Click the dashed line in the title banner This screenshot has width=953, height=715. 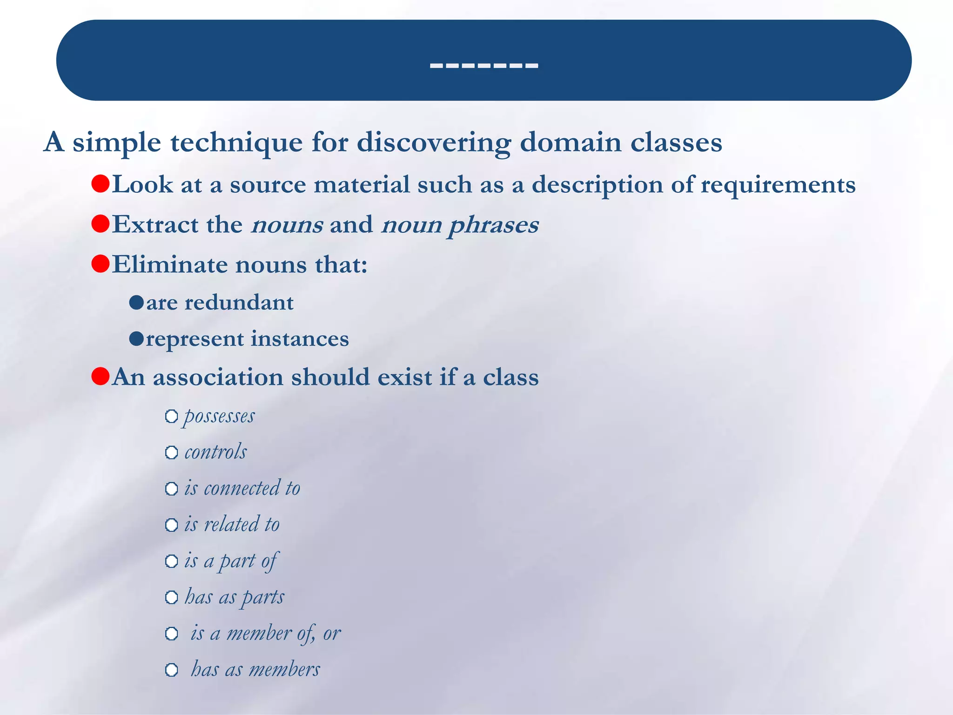[x=483, y=66]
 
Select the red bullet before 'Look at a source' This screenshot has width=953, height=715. [x=101, y=184]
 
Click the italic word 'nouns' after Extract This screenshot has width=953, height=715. [x=287, y=225]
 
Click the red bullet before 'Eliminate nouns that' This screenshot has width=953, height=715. [x=101, y=264]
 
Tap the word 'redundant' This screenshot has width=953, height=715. [x=239, y=303]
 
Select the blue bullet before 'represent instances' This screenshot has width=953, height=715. [x=136, y=339]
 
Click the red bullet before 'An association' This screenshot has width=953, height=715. [x=101, y=376]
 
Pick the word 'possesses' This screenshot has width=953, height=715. [x=220, y=416]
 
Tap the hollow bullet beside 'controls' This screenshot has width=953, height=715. [x=172, y=452]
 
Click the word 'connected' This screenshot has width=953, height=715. [x=242, y=488]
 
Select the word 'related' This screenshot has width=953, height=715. [x=232, y=525]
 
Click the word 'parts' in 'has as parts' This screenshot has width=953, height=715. [x=263, y=597]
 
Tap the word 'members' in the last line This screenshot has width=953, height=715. [x=284, y=670]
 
